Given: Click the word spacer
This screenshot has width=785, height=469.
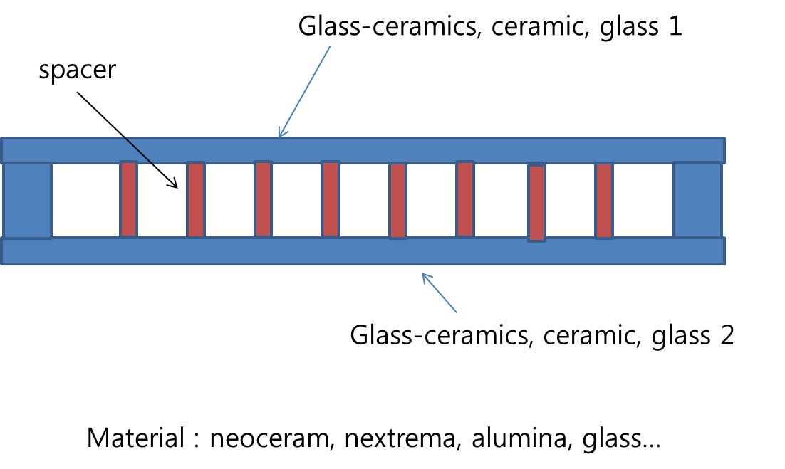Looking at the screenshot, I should pyautogui.click(x=76, y=72).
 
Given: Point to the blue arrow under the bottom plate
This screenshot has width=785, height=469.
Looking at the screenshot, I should pyautogui.click(x=440, y=293).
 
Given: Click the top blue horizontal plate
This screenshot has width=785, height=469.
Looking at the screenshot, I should pyautogui.click(x=363, y=150).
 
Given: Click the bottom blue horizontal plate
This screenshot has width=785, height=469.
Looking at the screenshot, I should pyautogui.click(x=363, y=251).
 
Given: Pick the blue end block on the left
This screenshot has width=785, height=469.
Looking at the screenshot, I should pyautogui.click(x=26, y=200).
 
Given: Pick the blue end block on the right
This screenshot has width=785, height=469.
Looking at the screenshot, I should pyautogui.click(x=698, y=200).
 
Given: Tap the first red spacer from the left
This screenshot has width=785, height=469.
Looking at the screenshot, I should pyautogui.click(x=128, y=199).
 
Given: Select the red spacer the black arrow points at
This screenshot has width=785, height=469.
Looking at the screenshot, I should pyautogui.click(x=196, y=199).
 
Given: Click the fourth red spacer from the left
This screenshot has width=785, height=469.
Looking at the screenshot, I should pyautogui.click(x=330, y=199).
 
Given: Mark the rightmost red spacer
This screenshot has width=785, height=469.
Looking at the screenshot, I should pyautogui.click(x=604, y=201).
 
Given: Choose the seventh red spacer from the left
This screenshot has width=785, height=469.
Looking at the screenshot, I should pyautogui.click(x=536, y=203).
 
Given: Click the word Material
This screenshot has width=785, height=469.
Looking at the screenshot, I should pyautogui.click(x=135, y=438).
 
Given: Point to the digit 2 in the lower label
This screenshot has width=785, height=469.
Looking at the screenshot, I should pyautogui.click(x=725, y=334).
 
